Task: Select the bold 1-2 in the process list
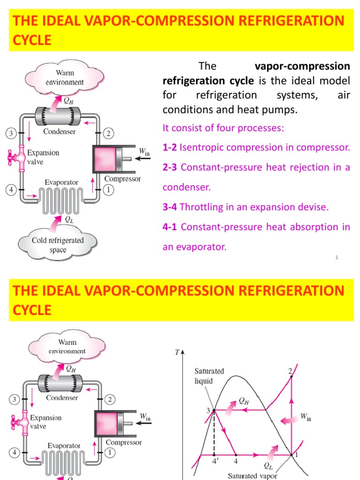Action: pos(169,148)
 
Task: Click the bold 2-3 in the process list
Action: pos(170,167)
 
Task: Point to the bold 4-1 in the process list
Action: pos(170,227)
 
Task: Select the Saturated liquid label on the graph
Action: pos(210,376)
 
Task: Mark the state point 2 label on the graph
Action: pos(290,371)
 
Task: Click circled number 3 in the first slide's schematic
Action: pos(10,134)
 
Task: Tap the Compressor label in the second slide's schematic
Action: pos(124,442)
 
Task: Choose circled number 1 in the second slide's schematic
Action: pos(110,453)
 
